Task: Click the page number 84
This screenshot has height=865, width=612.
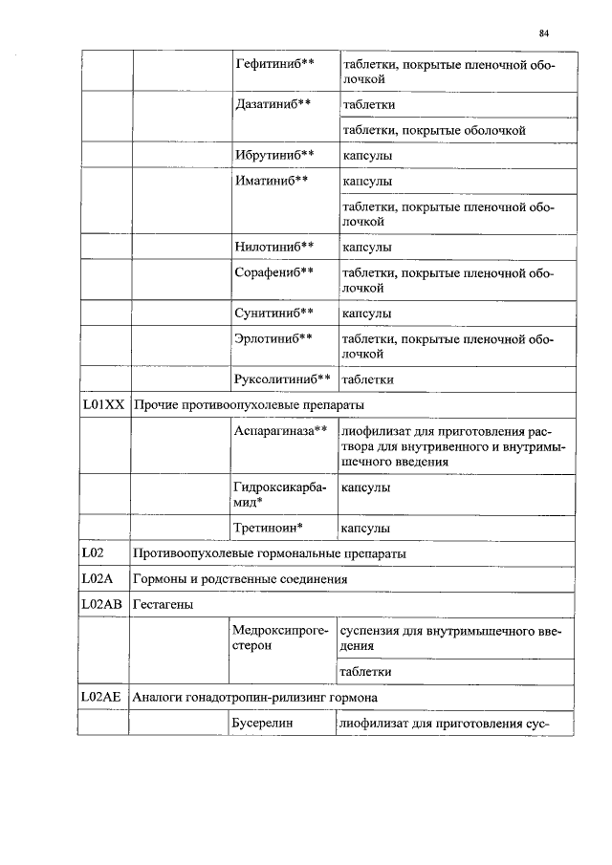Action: click(543, 32)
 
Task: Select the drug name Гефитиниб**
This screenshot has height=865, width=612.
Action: click(274, 63)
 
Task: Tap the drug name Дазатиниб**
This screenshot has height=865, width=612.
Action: click(273, 102)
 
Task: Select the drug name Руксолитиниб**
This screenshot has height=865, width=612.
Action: click(282, 378)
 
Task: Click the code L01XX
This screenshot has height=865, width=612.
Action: click(102, 404)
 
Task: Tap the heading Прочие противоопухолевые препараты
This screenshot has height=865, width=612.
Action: click(249, 405)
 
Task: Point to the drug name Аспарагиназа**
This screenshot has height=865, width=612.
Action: click(280, 431)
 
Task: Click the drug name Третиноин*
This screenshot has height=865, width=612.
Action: click(269, 527)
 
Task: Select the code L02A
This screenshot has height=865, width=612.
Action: click(97, 578)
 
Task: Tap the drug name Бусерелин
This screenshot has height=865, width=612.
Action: click(264, 724)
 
